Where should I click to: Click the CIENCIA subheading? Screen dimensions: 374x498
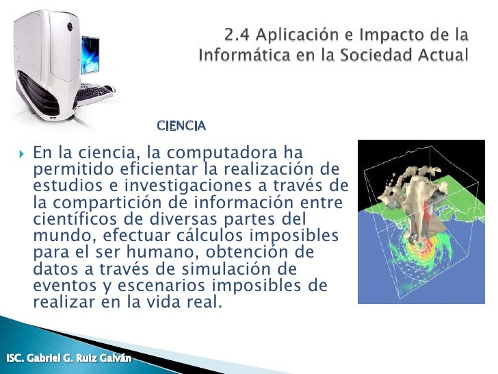pos(181,126)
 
